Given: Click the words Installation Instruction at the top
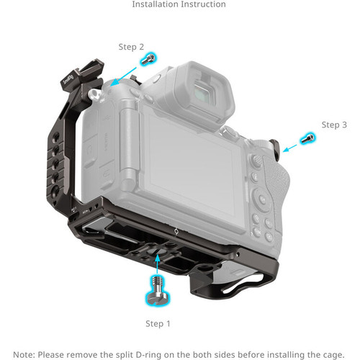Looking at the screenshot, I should (x=179, y=5).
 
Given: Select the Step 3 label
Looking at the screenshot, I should (x=334, y=125).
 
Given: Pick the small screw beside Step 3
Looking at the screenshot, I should (x=307, y=138).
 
